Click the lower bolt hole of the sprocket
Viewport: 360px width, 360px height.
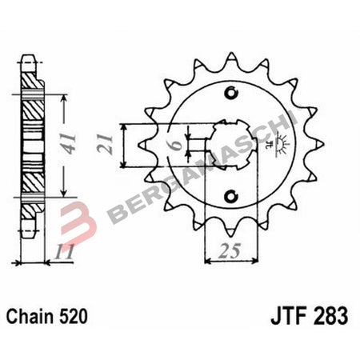click(232, 196)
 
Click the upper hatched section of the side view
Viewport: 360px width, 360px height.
click(31, 104)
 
